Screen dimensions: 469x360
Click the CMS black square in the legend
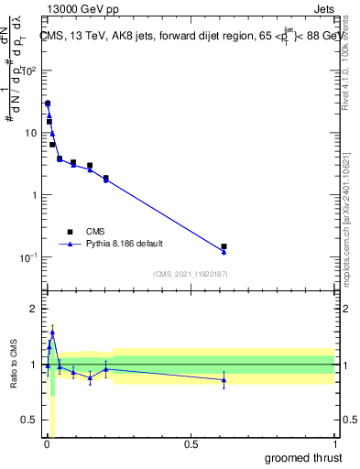coord(71,232)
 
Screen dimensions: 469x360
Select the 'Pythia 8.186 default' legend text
coord(125,245)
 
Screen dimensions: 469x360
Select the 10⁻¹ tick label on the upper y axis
coord(27,257)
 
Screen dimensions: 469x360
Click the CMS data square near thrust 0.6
coord(224,246)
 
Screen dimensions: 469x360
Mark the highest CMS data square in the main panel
coord(48,104)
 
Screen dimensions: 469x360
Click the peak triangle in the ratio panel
coord(52,333)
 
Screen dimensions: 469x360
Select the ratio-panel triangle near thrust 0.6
coord(224,379)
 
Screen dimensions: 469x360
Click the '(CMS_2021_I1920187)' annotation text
coord(190,273)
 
